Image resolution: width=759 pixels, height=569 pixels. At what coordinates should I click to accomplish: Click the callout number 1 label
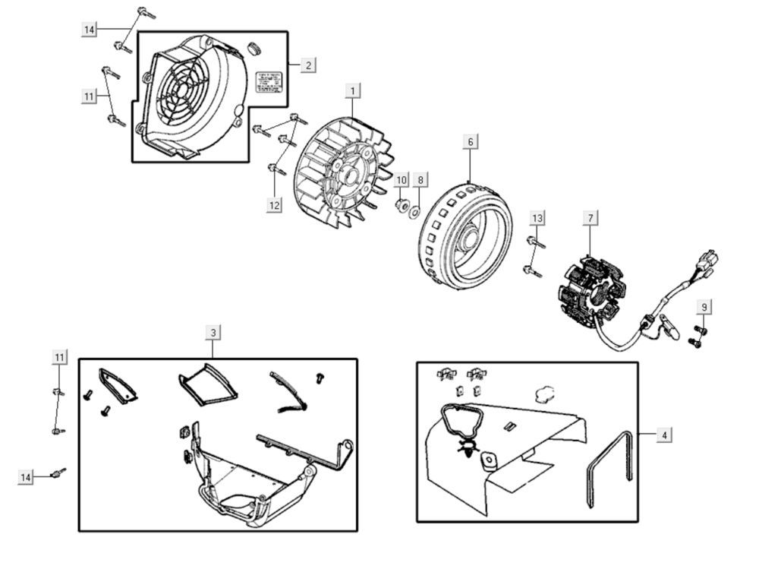click(352, 90)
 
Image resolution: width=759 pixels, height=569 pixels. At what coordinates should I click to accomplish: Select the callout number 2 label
click(307, 65)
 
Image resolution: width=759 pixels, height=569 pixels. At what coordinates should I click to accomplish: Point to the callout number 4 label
click(664, 435)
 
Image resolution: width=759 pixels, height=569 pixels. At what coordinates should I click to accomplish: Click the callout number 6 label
click(470, 142)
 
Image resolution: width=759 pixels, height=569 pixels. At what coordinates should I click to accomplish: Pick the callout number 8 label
click(421, 180)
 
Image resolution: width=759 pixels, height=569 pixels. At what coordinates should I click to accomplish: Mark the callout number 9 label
click(704, 307)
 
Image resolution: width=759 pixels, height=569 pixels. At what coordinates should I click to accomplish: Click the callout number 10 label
click(402, 180)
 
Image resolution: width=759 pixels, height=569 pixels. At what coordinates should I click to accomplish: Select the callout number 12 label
click(274, 204)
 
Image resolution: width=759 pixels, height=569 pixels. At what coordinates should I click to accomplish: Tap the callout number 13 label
click(537, 218)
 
